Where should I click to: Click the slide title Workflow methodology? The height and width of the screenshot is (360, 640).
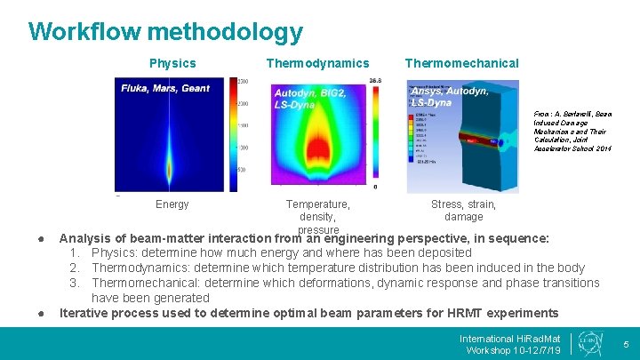(x=165, y=33)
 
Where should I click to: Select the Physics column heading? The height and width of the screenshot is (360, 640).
(x=172, y=63)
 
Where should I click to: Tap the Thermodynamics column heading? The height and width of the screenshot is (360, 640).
(x=317, y=63)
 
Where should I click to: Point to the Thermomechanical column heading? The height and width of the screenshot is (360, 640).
(x=461, y=63)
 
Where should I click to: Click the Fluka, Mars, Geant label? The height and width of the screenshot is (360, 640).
(x=165, y=87)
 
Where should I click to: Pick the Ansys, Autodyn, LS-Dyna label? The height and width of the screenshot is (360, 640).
(x=449, y=96)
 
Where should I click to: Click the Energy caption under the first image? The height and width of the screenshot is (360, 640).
(x=172, y=204)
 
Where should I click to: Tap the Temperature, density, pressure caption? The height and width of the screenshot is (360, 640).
(x=317, y=217)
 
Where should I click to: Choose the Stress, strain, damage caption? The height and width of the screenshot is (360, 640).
(x=463, y=211)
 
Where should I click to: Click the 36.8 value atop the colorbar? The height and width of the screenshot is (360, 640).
(x=375, y=81)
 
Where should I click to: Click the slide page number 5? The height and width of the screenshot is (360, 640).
(x=626, y=344)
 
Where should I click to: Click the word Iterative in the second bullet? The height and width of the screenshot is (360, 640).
(x=84, y=313)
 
